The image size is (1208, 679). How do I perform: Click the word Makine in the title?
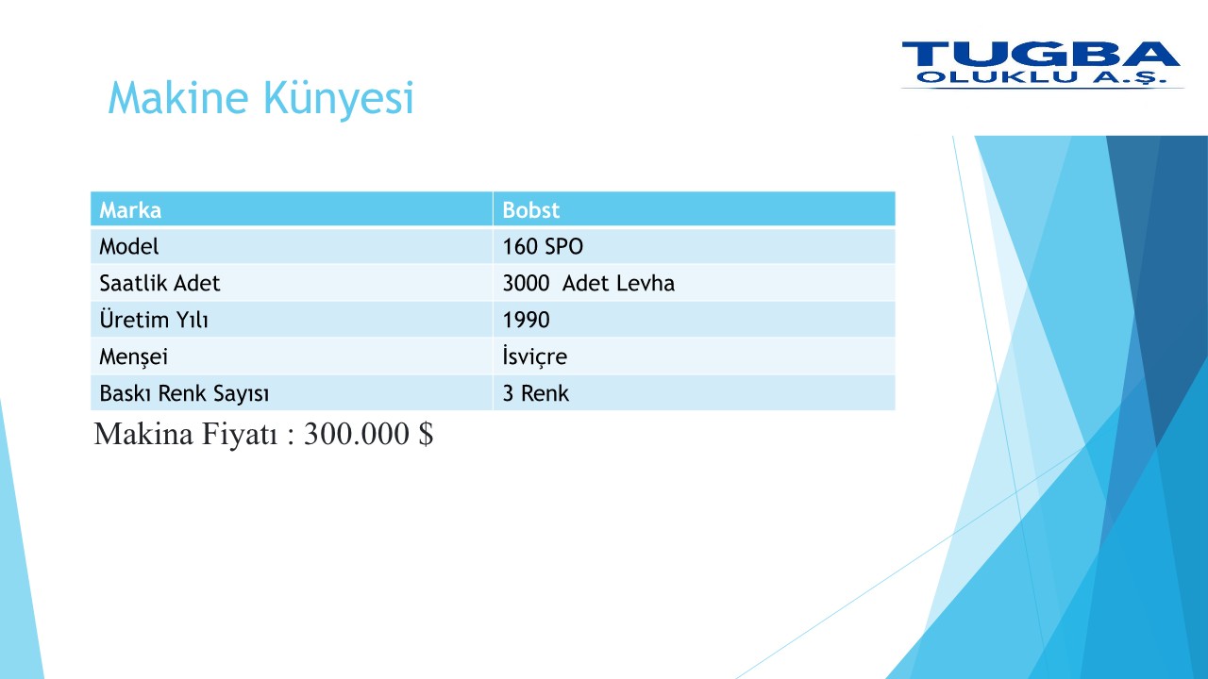point(178,97)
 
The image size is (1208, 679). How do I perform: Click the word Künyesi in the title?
point(339,99)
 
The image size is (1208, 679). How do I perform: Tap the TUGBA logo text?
point(1041,54)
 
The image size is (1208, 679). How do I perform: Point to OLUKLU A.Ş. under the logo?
point(1041,77)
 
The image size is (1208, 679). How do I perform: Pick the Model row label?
point(129,246)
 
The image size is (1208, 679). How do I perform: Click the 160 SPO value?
point(543,246)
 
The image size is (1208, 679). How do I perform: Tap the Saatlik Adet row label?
point(159,283)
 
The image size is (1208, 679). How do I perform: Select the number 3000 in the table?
point(526,283)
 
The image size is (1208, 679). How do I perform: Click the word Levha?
point(646,283)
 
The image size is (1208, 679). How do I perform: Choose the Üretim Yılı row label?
point(154,319)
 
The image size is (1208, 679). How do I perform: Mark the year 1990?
point(526,320)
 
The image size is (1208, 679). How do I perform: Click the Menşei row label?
point(133,356)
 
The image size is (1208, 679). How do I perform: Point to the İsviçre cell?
point(534,356)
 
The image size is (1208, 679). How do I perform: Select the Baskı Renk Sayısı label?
point(184,393)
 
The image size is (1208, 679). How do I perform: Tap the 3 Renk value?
point(535,393)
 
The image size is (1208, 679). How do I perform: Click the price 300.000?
point(357,433)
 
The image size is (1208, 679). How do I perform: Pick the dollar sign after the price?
point(426,433)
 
